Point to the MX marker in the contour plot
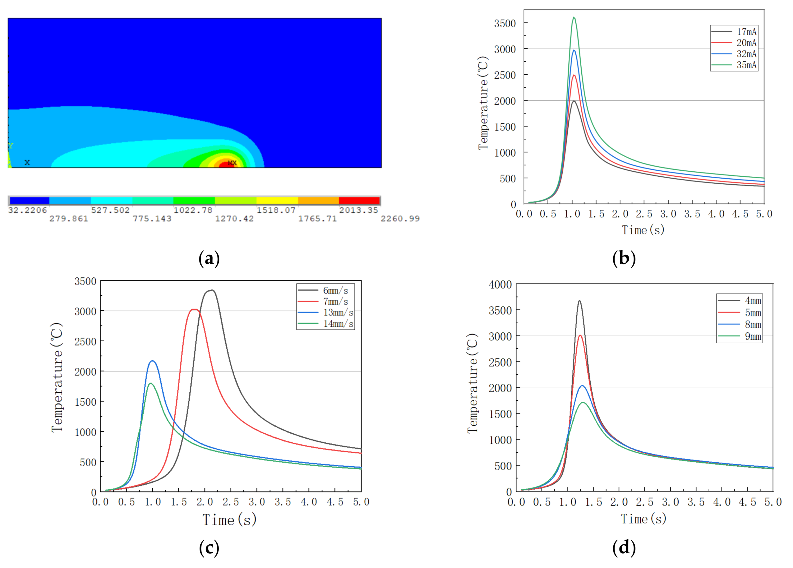(232, 163)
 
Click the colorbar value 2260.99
(400, 219)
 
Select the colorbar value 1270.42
(234, 219)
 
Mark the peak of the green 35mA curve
(574, 17)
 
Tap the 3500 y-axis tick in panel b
(505, 23)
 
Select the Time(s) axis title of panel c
(229, 520)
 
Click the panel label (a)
(209, 259)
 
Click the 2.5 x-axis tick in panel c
(231, 502)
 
